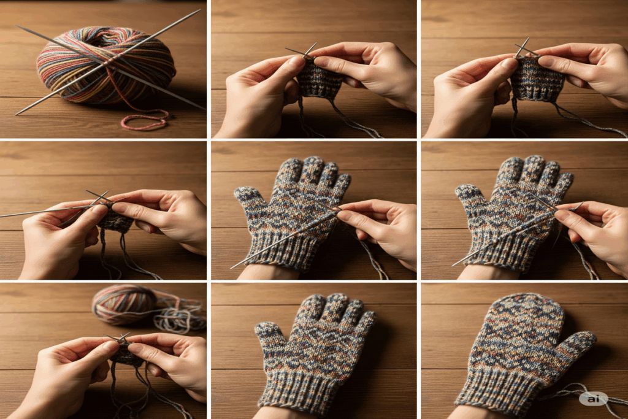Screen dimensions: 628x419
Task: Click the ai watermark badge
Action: click(593, 398)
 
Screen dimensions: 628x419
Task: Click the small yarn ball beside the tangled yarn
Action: click(124, 304)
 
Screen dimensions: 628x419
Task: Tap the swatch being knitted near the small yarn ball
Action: click(127, 355)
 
